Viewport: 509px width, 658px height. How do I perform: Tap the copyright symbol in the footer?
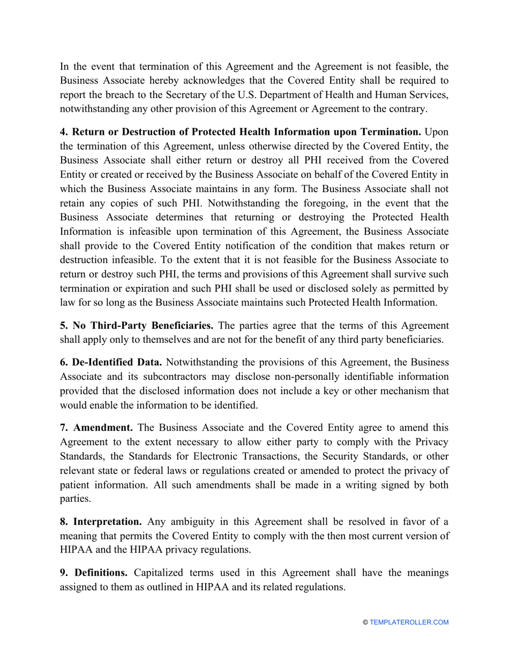coord(365,622)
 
